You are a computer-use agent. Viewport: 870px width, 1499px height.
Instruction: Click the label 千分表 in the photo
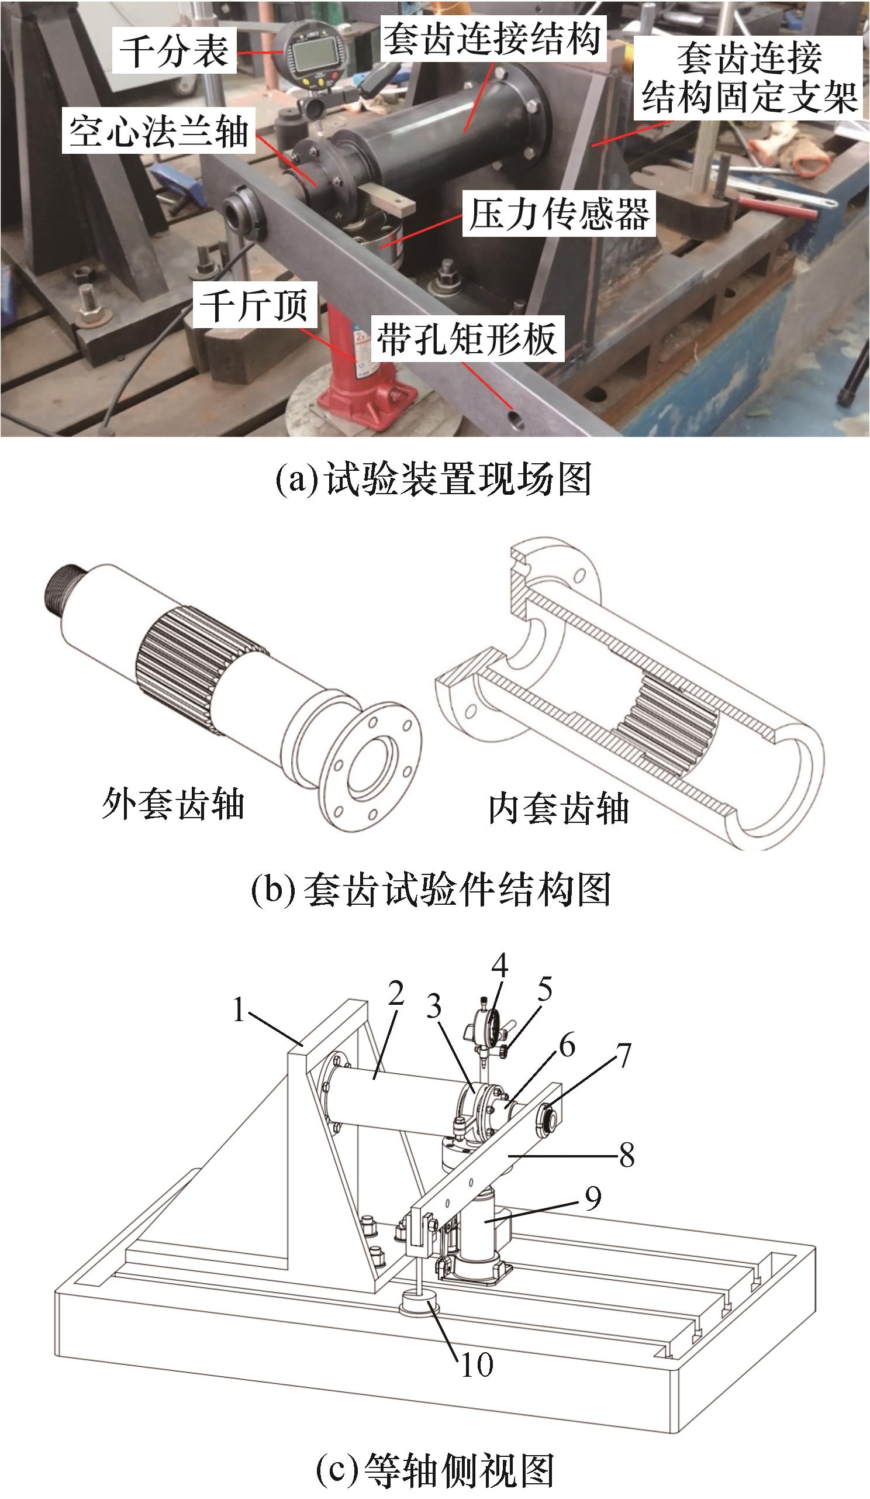click(x=174, y=51)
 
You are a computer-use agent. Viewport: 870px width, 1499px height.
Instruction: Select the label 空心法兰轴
click(x=158, y=131)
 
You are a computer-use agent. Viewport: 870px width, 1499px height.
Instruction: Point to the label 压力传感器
click(x=559, y=213)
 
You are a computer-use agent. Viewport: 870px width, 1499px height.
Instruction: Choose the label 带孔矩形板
click(x=467, y=339)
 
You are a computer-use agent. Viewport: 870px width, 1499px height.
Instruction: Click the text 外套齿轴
click(x=173, y=804)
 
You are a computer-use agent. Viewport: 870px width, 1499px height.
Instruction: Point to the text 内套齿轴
click(x=558, y=809)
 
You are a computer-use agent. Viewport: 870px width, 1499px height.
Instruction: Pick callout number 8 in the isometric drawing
click(x=627, y=1155)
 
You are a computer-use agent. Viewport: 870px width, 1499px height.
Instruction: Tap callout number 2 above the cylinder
click(x=395, y=992)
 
